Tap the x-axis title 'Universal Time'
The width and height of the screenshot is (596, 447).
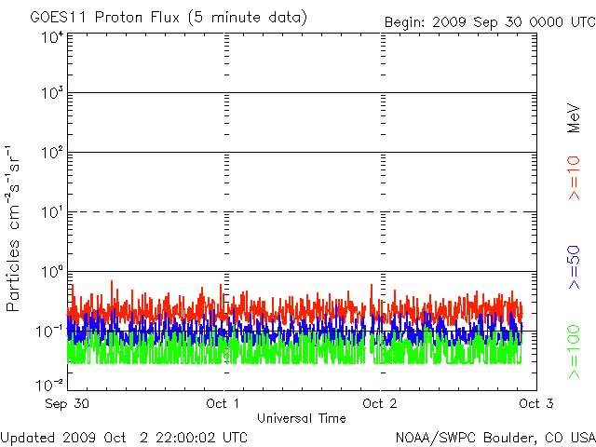(302, 417)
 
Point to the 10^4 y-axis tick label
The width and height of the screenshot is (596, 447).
(51, 38)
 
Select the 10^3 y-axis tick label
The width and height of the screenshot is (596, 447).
(51, 94)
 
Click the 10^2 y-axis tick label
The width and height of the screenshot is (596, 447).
(51, 154)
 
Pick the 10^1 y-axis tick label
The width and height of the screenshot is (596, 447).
(51, 213)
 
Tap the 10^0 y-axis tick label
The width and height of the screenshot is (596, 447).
(51, 273)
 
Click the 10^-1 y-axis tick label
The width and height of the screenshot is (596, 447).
(50, 332)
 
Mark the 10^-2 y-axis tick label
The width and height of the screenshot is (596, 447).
(50, 385)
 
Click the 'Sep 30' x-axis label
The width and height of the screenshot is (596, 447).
(68, 404)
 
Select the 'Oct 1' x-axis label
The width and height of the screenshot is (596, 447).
(223, 404)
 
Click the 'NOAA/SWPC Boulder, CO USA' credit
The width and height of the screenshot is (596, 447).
(494, 436)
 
